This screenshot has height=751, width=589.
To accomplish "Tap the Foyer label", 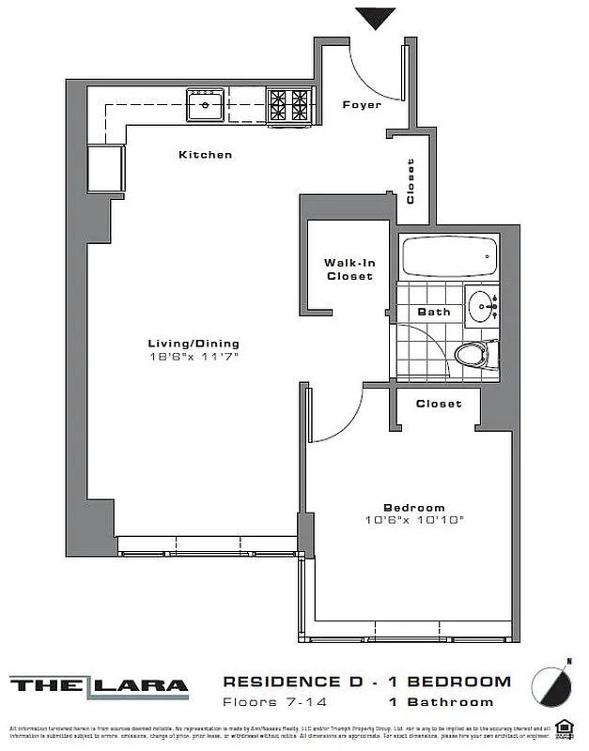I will [362, 104].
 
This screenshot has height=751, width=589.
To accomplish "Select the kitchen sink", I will [204, 105].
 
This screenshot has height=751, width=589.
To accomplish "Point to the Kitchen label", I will [205, 154].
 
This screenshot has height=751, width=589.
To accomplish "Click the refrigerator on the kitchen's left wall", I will [106, 168].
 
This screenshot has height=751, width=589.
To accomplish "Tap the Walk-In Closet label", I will [349, 269].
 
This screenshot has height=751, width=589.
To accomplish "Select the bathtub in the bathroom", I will [449, 256].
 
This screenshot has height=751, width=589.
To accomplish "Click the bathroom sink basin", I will [484, 307].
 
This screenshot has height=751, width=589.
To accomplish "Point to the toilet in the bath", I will [473, 355].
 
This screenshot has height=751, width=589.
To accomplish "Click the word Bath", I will [434, 312].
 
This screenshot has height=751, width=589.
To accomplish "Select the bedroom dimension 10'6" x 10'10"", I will [415, 520].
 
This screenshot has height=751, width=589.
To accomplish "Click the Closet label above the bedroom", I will [439, 404].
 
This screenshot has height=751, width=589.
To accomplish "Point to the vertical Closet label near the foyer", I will [411, 181].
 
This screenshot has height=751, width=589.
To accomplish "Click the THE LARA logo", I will [99, 685].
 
